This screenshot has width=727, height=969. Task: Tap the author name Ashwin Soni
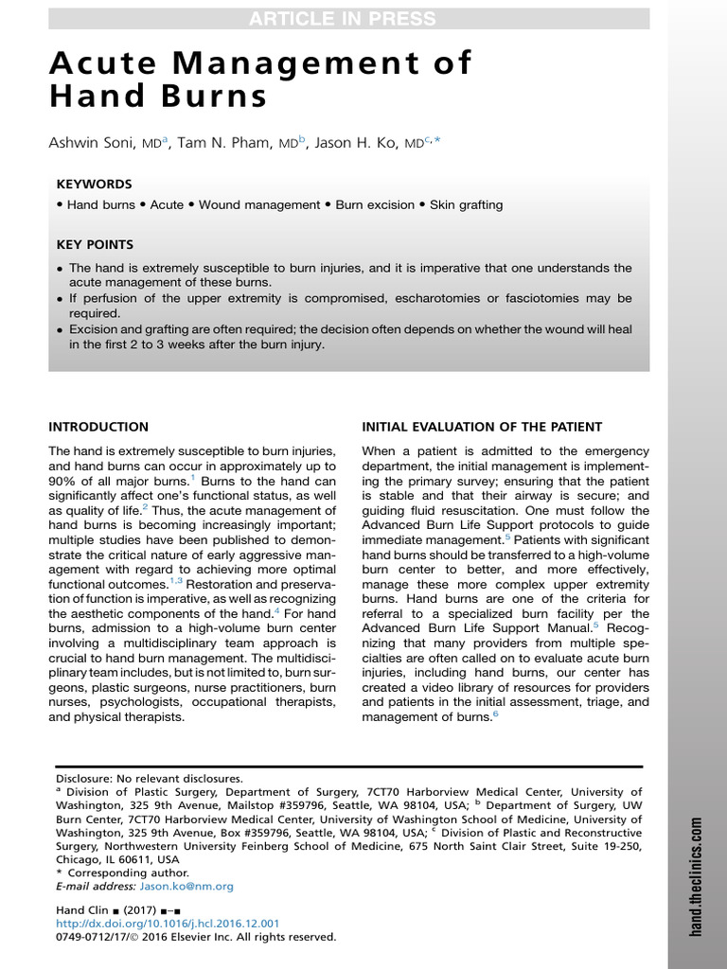(91, 142)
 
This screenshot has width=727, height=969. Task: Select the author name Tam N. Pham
(230, 142)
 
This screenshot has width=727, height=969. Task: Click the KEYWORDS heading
(94, 184)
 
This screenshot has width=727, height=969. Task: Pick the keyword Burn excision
(375, 204)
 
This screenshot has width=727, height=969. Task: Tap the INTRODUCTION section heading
(98, 427)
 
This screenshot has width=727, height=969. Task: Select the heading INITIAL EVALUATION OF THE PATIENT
(482, 427)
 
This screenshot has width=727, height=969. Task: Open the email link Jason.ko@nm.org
(186, 887)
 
